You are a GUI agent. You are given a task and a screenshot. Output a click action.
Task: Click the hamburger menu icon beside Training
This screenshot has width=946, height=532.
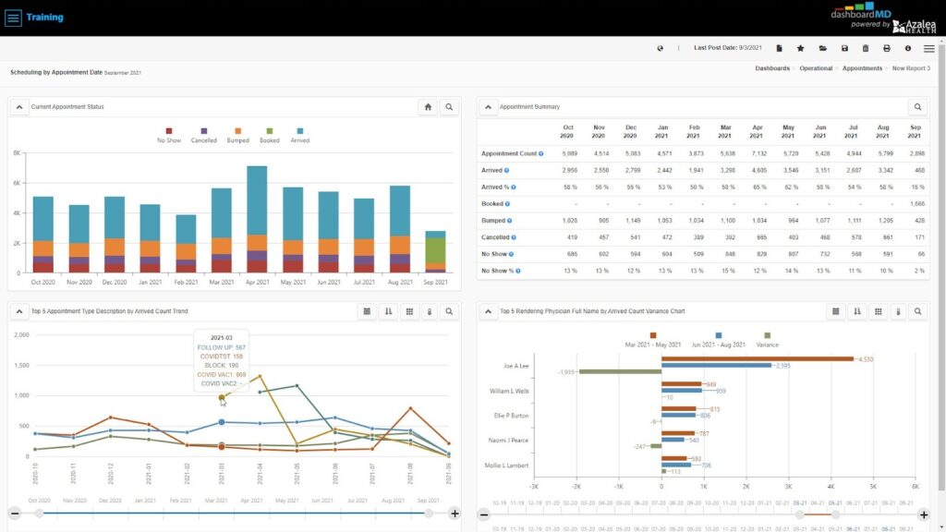(x=13, y=18)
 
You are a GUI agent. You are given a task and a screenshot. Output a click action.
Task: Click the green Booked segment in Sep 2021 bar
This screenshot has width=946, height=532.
(x=435, y=250)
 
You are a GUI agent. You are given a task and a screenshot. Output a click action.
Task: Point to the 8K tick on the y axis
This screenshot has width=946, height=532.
(x=17, y=153)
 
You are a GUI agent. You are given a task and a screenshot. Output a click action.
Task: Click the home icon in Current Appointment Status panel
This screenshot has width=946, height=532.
(x=428, y=107)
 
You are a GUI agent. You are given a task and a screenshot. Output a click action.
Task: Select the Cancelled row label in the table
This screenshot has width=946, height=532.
(x=496, y=237)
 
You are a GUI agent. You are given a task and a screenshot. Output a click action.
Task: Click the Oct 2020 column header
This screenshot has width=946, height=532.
(x=567, y=131)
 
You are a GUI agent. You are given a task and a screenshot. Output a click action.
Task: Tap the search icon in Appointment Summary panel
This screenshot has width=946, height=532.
(x=917, y=107)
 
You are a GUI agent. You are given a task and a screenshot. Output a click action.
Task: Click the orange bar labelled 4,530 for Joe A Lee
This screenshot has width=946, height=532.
(x=757, y=358)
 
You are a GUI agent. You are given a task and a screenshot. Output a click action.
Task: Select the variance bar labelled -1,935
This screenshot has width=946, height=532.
(x=620, y=372)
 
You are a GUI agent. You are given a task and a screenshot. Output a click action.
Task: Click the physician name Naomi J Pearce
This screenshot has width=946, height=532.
(x=508, y=441)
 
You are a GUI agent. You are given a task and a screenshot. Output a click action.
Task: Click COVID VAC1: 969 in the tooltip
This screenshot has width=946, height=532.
(x=221, y=374)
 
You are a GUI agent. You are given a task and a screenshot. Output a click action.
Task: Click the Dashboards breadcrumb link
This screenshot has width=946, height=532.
(x=772, y=68)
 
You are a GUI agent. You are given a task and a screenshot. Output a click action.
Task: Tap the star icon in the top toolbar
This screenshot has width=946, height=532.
(x=800, y=48)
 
